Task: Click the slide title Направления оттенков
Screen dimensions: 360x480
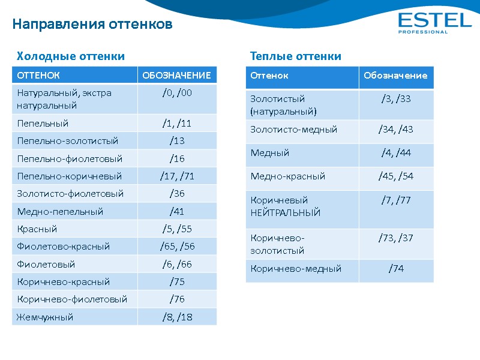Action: click(92, 25)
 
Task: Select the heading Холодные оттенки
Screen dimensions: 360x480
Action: click(71, 56)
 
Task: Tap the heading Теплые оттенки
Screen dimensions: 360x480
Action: click(295, 56)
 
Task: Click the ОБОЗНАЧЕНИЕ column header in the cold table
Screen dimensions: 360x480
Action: click(176, 76)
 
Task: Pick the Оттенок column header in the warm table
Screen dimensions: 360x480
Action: click(269, 76)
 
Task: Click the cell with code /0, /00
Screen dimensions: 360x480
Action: click(176, 92)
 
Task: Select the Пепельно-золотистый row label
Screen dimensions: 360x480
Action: click(68, 141)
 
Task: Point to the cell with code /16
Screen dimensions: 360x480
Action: click(176, 159)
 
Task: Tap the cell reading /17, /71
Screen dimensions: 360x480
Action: click(176, 176)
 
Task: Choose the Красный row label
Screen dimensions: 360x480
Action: click(37, 229)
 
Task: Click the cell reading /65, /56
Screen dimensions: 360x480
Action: click(176, 247)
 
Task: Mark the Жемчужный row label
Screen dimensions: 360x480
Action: click(46, 317)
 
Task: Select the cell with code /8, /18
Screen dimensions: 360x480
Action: click(176, 317)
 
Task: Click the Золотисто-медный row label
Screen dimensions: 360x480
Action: click(293, 130)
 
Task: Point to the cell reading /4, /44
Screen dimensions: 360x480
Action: click(396, 153)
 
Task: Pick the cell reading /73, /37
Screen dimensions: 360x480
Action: click(396, 238)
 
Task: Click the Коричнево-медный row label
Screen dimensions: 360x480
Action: click(295, 269)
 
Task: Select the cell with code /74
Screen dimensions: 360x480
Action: click(396, 269)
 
